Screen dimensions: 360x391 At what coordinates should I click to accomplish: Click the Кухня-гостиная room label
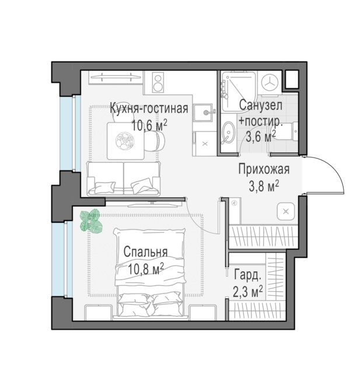(149, 109)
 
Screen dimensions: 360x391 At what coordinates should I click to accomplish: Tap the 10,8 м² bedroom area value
(146, 268)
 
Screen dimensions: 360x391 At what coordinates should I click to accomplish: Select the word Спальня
(146, 252)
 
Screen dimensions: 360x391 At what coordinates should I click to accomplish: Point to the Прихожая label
(264, 169)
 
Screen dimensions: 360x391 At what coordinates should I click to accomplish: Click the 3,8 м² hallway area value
(264, 186)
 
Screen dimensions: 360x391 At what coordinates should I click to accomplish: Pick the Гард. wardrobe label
(248, 275)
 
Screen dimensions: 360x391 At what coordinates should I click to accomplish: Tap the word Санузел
(261, 105)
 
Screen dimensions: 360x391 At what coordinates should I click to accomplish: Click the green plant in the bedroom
(91, 221)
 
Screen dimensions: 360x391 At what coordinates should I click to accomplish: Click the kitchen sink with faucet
(205, 113)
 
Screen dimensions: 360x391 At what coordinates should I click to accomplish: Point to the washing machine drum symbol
(271, 83)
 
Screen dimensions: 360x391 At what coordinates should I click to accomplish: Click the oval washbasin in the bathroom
(228, 132)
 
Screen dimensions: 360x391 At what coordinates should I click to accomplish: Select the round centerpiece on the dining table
(125, 141)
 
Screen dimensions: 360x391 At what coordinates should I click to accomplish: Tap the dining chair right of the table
(155, 141)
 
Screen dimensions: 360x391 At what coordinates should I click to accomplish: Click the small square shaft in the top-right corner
(292, 79)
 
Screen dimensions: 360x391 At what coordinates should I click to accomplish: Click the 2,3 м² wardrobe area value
(248, 292)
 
